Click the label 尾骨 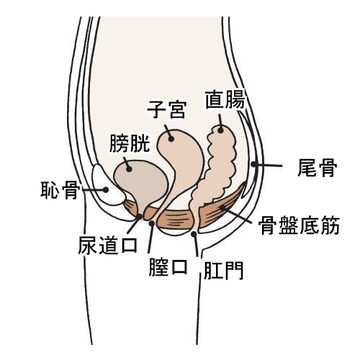pos(314,165)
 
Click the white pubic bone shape pos(103,186)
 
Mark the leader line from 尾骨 pos(274,163)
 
